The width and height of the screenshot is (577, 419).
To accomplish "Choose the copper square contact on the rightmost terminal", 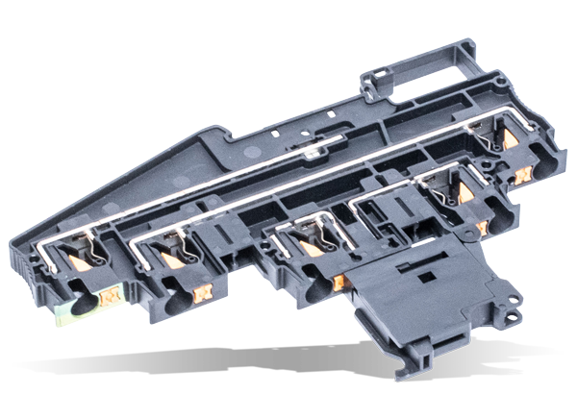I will point(523,176).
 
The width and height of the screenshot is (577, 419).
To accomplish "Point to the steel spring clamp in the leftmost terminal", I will point(94,252).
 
